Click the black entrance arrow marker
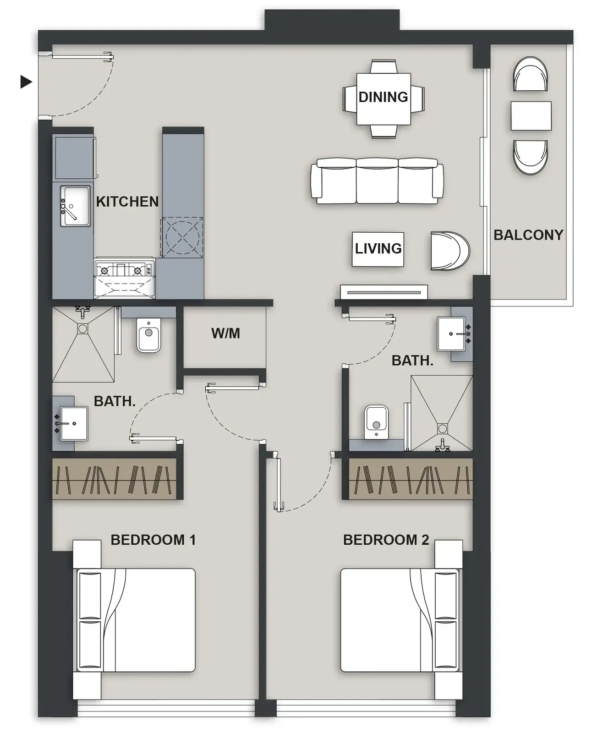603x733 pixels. click(26, 82)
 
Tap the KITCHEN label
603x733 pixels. click(127, 202)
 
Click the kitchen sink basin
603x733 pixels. click(75, 206)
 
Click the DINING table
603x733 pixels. click(384, 99)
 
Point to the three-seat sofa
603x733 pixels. click(377, 181)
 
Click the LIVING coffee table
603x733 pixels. click(378, 249)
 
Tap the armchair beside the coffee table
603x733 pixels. click(450, 251)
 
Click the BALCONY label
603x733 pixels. click(528, 235)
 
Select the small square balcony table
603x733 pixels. click(531, 116)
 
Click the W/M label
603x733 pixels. click(225, 334)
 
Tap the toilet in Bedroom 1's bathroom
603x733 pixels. click(149, 335)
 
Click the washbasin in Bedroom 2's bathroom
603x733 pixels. click(451, 334)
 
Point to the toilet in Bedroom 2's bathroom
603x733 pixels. click(376, 422)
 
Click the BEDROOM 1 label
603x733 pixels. click(153, 540)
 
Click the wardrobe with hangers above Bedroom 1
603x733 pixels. click(114, 479)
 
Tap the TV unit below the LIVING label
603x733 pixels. click(384, 292)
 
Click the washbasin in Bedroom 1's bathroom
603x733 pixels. click(74, 424)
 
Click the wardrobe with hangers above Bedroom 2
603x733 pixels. click(411, 479)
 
